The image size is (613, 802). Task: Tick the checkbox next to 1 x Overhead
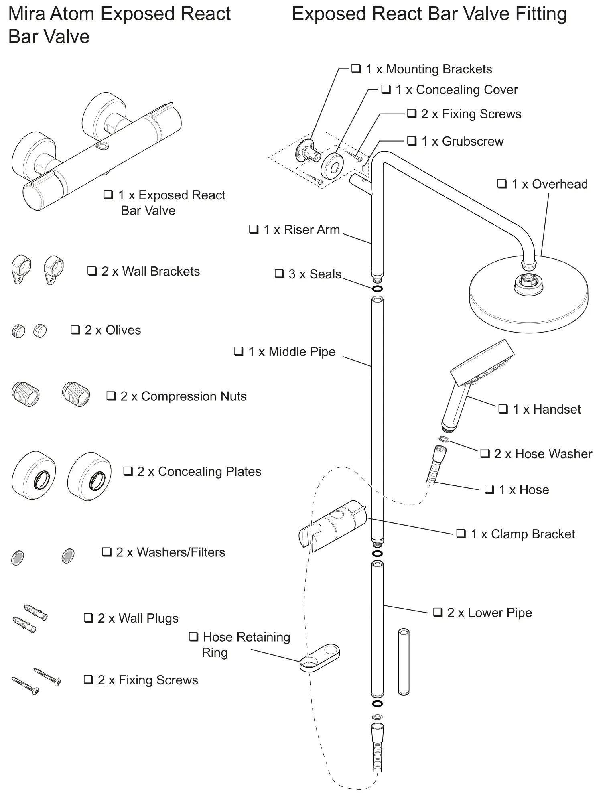point(502,184)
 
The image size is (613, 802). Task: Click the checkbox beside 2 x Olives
point(75,330)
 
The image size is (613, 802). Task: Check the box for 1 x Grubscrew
point(412,141)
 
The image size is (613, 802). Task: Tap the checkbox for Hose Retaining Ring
point(193,637)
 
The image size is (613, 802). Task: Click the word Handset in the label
point(557,409)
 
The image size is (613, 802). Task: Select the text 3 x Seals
point(315,274)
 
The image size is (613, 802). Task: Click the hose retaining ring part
point(320,658)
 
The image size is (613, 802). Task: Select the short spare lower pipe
point(404,662)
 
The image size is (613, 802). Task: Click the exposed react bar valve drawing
point(96,152)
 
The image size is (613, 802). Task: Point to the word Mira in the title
point(26,14)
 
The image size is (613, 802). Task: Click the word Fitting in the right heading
point(541,14)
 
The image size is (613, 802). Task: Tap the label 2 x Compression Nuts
point(183,396)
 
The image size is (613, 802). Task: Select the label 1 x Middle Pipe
point(292,352)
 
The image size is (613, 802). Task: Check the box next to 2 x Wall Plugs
point(88,618)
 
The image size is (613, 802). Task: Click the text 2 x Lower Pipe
point(489,613)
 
